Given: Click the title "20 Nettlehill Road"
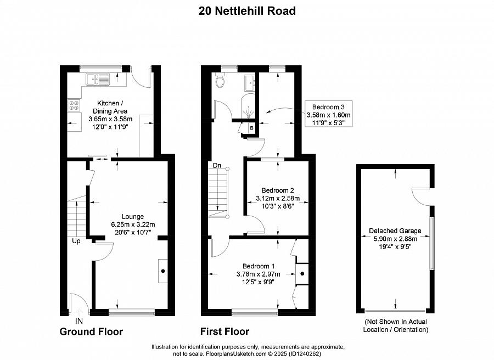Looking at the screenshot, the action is (x=247, y=11).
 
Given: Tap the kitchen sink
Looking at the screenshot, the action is (x=97, y=79).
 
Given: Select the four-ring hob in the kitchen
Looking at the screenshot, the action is (x=74, y=105).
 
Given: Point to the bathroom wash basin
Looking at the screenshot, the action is (x=250, y=83).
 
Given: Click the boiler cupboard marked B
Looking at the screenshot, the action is (x=251, y=128).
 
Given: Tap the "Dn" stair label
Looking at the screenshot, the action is (x=217, y=165).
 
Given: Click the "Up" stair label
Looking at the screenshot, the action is (x=76, y=241).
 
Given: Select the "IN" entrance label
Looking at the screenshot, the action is (x=78, y=321).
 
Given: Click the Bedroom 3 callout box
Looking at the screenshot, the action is (x=329, y=114).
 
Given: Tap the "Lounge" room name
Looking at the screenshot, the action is (x=133, y=216).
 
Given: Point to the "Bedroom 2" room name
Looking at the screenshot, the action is (x=278, y=190).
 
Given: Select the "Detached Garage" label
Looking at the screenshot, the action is (x=395, y=230).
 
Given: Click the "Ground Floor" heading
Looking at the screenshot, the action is (x=91, y=331).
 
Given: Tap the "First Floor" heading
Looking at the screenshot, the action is (x=224, y=331).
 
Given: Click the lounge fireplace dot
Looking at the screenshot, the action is (x=163, y=271).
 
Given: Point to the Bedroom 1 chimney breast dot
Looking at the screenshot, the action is (x=302, y=274).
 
